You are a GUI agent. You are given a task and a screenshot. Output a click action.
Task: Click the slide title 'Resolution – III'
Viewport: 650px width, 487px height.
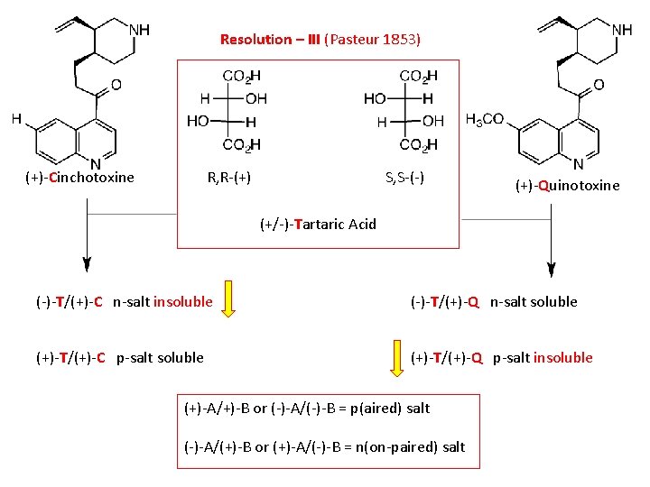(270, 40)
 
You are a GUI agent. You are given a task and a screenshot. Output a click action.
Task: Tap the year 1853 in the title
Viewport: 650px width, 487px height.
(401, 40)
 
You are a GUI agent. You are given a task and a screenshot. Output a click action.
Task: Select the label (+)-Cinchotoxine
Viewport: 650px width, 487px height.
(79, 178)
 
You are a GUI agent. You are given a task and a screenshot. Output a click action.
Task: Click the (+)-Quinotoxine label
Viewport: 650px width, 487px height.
(567, 186)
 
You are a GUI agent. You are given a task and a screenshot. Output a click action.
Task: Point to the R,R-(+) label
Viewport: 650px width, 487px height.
(229, 178)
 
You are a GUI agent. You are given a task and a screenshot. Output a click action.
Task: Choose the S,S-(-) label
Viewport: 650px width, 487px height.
(404, 178)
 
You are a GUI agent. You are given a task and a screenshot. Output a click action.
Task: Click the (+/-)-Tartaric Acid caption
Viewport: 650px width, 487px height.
(318, 224)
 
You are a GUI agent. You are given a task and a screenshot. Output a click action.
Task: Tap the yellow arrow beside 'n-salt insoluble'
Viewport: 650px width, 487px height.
(229, 301)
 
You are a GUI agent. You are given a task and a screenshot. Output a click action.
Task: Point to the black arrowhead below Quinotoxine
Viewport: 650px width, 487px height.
(550, 268)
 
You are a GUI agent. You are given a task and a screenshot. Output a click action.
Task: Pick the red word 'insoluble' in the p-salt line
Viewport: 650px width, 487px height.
(563, 358)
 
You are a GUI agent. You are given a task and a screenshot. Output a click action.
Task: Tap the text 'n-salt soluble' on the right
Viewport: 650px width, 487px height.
(534, 302)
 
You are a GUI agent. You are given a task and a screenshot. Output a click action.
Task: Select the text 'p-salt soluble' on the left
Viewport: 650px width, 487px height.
(160, 358)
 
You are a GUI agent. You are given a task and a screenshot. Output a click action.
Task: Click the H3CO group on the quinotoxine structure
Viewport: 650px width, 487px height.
(485, 119)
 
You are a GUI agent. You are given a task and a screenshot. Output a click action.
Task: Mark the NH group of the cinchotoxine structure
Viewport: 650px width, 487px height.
(139, 30)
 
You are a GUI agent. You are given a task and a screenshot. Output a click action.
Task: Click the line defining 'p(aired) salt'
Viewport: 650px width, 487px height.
(307, 409)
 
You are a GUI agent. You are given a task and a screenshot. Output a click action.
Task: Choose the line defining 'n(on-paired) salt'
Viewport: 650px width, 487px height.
(324, 446)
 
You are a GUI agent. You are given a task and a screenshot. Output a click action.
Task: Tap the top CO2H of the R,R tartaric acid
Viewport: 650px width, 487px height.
(241, 76)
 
